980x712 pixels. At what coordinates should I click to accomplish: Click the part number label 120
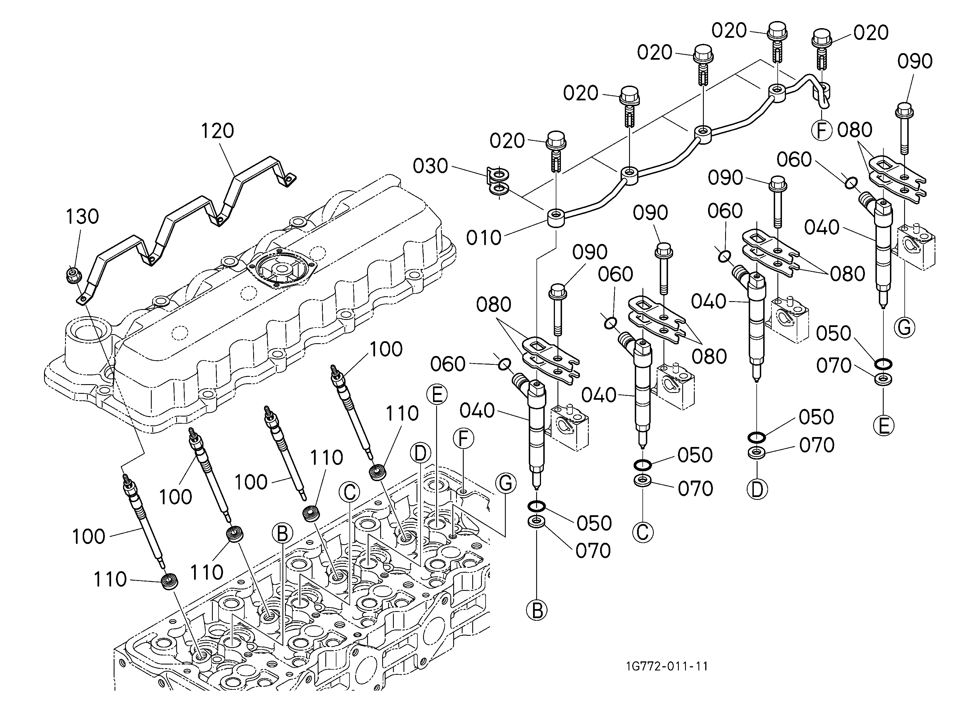coord(217,131)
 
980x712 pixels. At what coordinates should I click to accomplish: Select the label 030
coord(430,166)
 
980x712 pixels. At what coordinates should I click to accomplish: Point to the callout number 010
coord(484,237)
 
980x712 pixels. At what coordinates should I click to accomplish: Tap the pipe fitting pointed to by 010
coord(557,219)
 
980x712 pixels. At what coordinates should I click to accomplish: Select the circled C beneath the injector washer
coord(642,532)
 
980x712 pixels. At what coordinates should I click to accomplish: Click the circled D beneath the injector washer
coord(757,490)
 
